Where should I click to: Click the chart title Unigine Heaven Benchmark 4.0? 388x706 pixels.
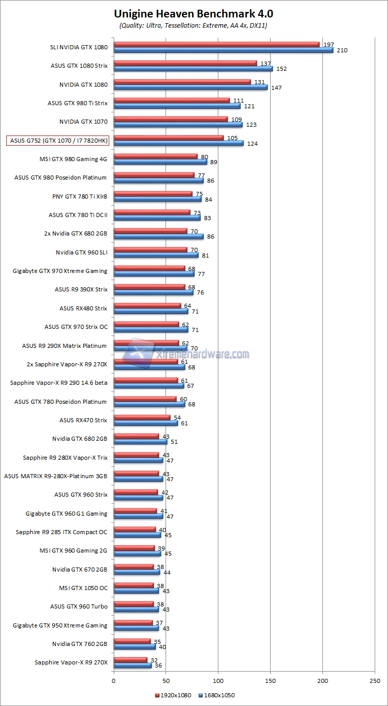(x=194, y=13)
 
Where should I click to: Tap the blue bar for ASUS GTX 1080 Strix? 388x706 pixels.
(x=193, y=69)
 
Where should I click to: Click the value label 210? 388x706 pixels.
(x=342, y=50)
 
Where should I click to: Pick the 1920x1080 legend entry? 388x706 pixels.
(x=173, y=695)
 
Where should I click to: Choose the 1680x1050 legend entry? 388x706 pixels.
(x=216, y=695)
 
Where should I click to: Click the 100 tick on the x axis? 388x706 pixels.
(x=218, y=681)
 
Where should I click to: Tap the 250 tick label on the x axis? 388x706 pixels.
(x=375, y=681)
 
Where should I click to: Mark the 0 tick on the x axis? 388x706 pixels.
(x=114, y=681)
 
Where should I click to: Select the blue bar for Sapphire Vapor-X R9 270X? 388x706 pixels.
(x=132, y=665)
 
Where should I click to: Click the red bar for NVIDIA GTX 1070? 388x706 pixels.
(x=171, y=119)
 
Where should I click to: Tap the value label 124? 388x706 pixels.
(x=252, y=144)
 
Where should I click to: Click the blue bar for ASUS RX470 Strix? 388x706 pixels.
(x=146, y=423)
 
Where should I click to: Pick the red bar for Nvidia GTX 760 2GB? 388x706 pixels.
(x=132, y=641)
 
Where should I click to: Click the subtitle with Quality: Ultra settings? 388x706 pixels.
(x=194, y=25)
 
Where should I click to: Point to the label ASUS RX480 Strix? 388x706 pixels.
(x=84, y=308)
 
